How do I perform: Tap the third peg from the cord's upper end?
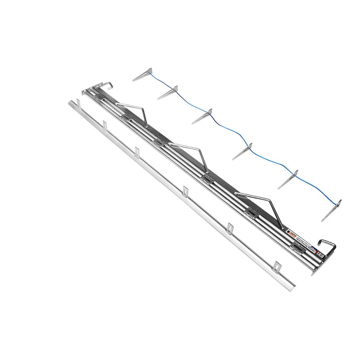(205, 116)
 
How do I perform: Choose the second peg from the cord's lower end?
(289, 179)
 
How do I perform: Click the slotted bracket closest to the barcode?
(298, 246)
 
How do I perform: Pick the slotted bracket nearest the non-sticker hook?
(126, 118)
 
